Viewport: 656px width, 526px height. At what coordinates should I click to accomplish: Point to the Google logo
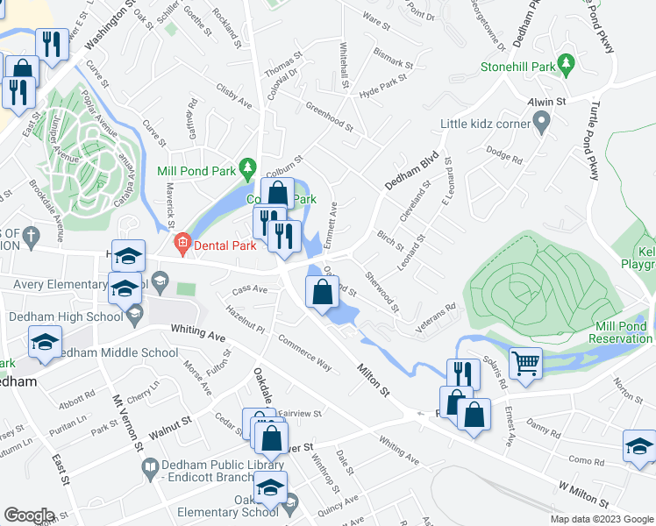point(29,515)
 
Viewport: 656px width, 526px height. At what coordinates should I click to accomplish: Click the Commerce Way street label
point(304,352)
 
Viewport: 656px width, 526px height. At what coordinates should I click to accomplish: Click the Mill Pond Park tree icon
point(248,167)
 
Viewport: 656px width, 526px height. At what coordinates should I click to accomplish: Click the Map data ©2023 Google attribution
point(603,519)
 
